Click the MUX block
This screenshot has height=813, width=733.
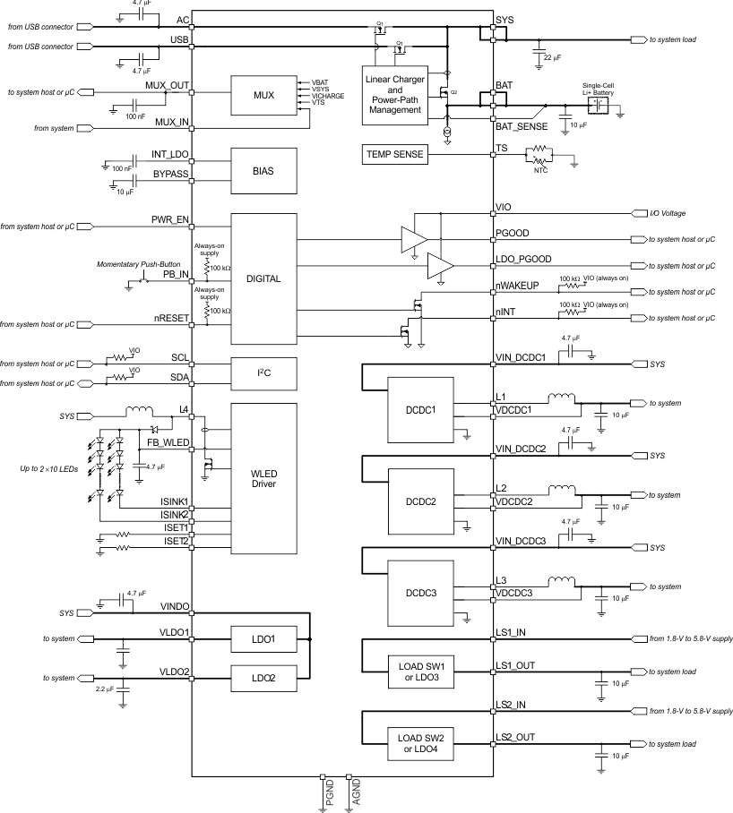(263, 95)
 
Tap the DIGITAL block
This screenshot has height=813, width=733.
(263, 278)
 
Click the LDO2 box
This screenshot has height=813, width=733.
(263, 680)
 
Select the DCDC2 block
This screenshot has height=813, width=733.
(420, 501)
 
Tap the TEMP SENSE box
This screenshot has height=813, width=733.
(394, 154)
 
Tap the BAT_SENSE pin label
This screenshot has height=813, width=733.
(522, 126)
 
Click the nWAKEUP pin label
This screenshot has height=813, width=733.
(516, 286)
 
